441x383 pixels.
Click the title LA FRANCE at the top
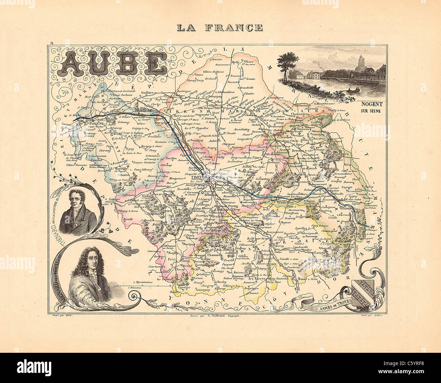point(220,27)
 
